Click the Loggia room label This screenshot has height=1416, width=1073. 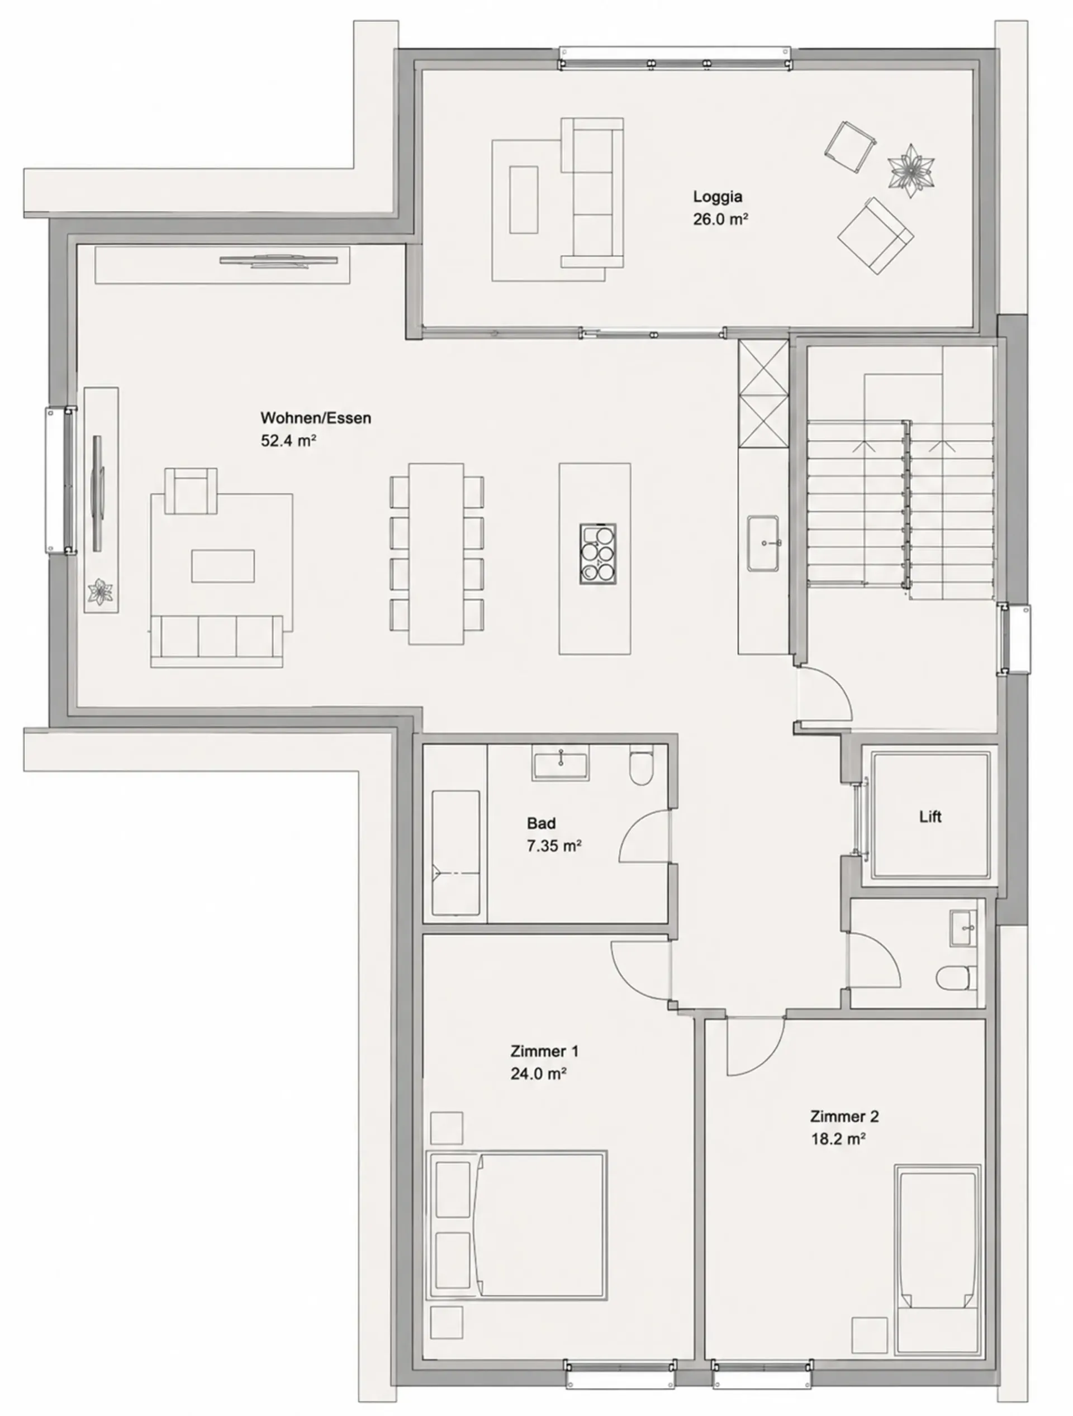point(718,197)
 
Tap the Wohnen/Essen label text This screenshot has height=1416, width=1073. point(316,418)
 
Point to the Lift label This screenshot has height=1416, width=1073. point(930,817)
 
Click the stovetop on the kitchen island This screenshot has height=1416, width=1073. point(597,554)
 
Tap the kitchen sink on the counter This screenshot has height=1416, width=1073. point(763,543)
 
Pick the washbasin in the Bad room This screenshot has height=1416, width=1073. point(560,766)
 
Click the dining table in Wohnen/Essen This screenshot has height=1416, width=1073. point(436,554)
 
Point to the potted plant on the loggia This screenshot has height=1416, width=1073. point(911,170)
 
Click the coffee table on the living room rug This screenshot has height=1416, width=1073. point(223,566)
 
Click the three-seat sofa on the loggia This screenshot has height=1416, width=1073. point(592,193)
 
